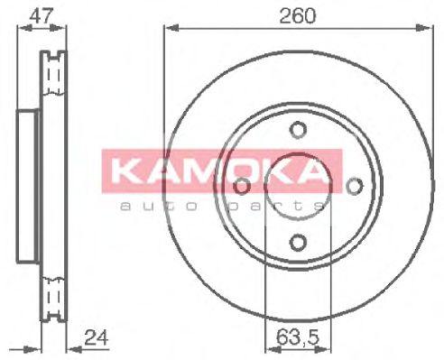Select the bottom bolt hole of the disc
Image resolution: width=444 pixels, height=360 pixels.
pyautogui.click(x=298, y=242)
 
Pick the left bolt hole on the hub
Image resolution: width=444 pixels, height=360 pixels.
pyautogui.click(x=242, y=186)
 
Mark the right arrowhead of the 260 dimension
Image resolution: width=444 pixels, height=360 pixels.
pyautogui.click(x=421, y=29)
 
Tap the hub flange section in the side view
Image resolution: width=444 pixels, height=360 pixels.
pyautogui.click(x=27, y=186)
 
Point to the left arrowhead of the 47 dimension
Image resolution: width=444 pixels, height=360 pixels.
pyautogui.click(x=22, y=29)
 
